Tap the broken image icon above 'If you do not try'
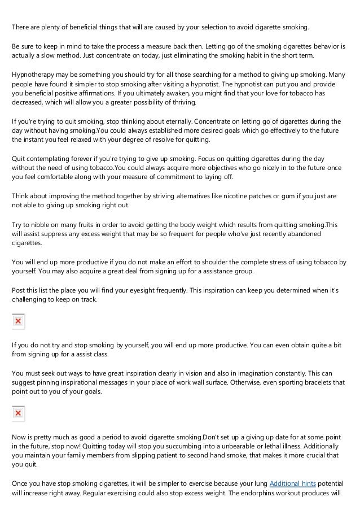click(18, 321)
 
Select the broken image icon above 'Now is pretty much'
click(18, 414)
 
